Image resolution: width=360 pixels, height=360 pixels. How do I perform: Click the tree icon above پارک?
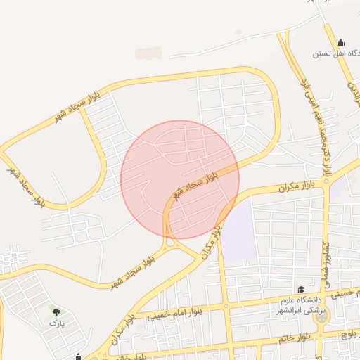pyautogui.click(x=56, y=311)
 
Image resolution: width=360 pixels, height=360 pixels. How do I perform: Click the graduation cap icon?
pyautogui.click(x=300, y=290)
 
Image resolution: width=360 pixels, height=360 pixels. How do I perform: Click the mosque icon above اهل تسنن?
pyautogui.click(x=341, y=42)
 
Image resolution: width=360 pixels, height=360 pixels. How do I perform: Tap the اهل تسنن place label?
pyautogui.click(x=336, y=53)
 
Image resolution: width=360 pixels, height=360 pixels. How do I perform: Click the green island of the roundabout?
pyautogui.click(x=322, y=317)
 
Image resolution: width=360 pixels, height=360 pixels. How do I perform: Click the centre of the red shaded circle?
pyautogui.click(x=180, y=180)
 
